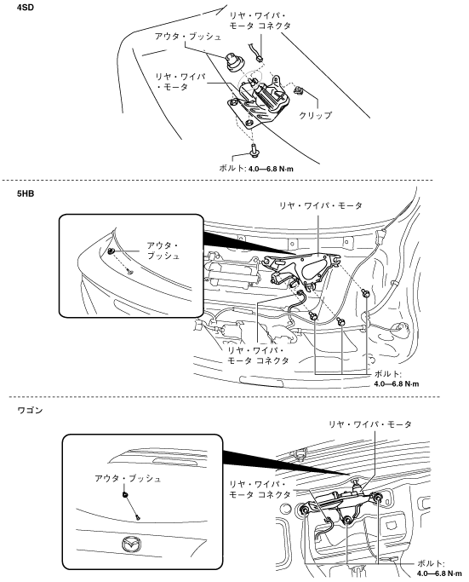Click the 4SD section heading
point(26,7)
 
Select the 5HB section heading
point(26,193)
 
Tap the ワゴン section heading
point(30,410)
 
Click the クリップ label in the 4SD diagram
point(315,115)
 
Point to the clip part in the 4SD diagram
point(298,89)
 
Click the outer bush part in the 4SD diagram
point(232,63)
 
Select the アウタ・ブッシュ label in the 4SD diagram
point(187,37)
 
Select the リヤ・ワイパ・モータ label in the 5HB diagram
point(321,205)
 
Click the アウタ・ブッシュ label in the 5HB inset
point(163,251)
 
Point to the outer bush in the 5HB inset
point(111,251)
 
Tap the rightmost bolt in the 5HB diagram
point(367,294)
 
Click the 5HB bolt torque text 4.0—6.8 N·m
point(397,383)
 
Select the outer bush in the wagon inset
point(125,494)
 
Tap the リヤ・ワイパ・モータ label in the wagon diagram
point(370,424)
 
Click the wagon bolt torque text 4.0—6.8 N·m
point(440,573)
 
